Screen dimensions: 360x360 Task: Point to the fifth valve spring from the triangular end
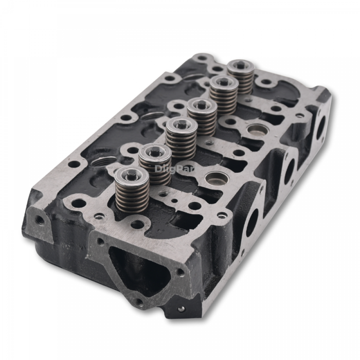coord(224,93)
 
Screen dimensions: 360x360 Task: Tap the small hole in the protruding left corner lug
coord(40,220)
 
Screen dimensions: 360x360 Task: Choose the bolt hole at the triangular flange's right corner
coord(180,272)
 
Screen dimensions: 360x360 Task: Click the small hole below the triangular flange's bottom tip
coord(181,309)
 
